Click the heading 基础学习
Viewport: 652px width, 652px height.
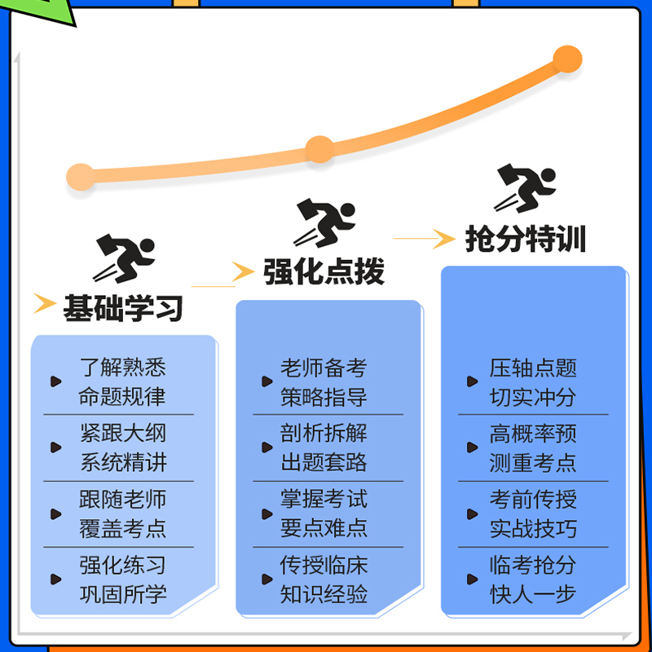(123, 308)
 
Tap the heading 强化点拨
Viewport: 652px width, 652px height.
(324, 272)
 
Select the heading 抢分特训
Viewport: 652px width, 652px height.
(526, 239)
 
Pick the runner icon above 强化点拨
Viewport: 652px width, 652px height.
(324, 222)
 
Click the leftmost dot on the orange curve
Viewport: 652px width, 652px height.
(81, 177)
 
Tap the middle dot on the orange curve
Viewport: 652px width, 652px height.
(319, 149)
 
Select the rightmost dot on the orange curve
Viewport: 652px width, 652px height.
(567, 59)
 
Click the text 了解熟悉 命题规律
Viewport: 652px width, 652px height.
(122, 382)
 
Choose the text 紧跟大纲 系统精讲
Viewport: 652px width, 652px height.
(122, 447)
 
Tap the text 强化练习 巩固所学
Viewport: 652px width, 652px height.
(122, 579)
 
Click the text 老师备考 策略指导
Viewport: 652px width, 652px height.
(324, 382)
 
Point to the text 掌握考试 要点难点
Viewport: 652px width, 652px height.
(324, 513)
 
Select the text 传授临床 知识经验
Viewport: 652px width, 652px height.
(324, 579)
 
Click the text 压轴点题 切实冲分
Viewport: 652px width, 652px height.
(533, 382)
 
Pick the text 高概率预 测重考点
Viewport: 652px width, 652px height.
(533, 447)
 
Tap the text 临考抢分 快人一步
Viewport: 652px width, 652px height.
(533, 579)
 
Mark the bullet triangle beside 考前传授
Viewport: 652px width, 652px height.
(472, 514)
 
